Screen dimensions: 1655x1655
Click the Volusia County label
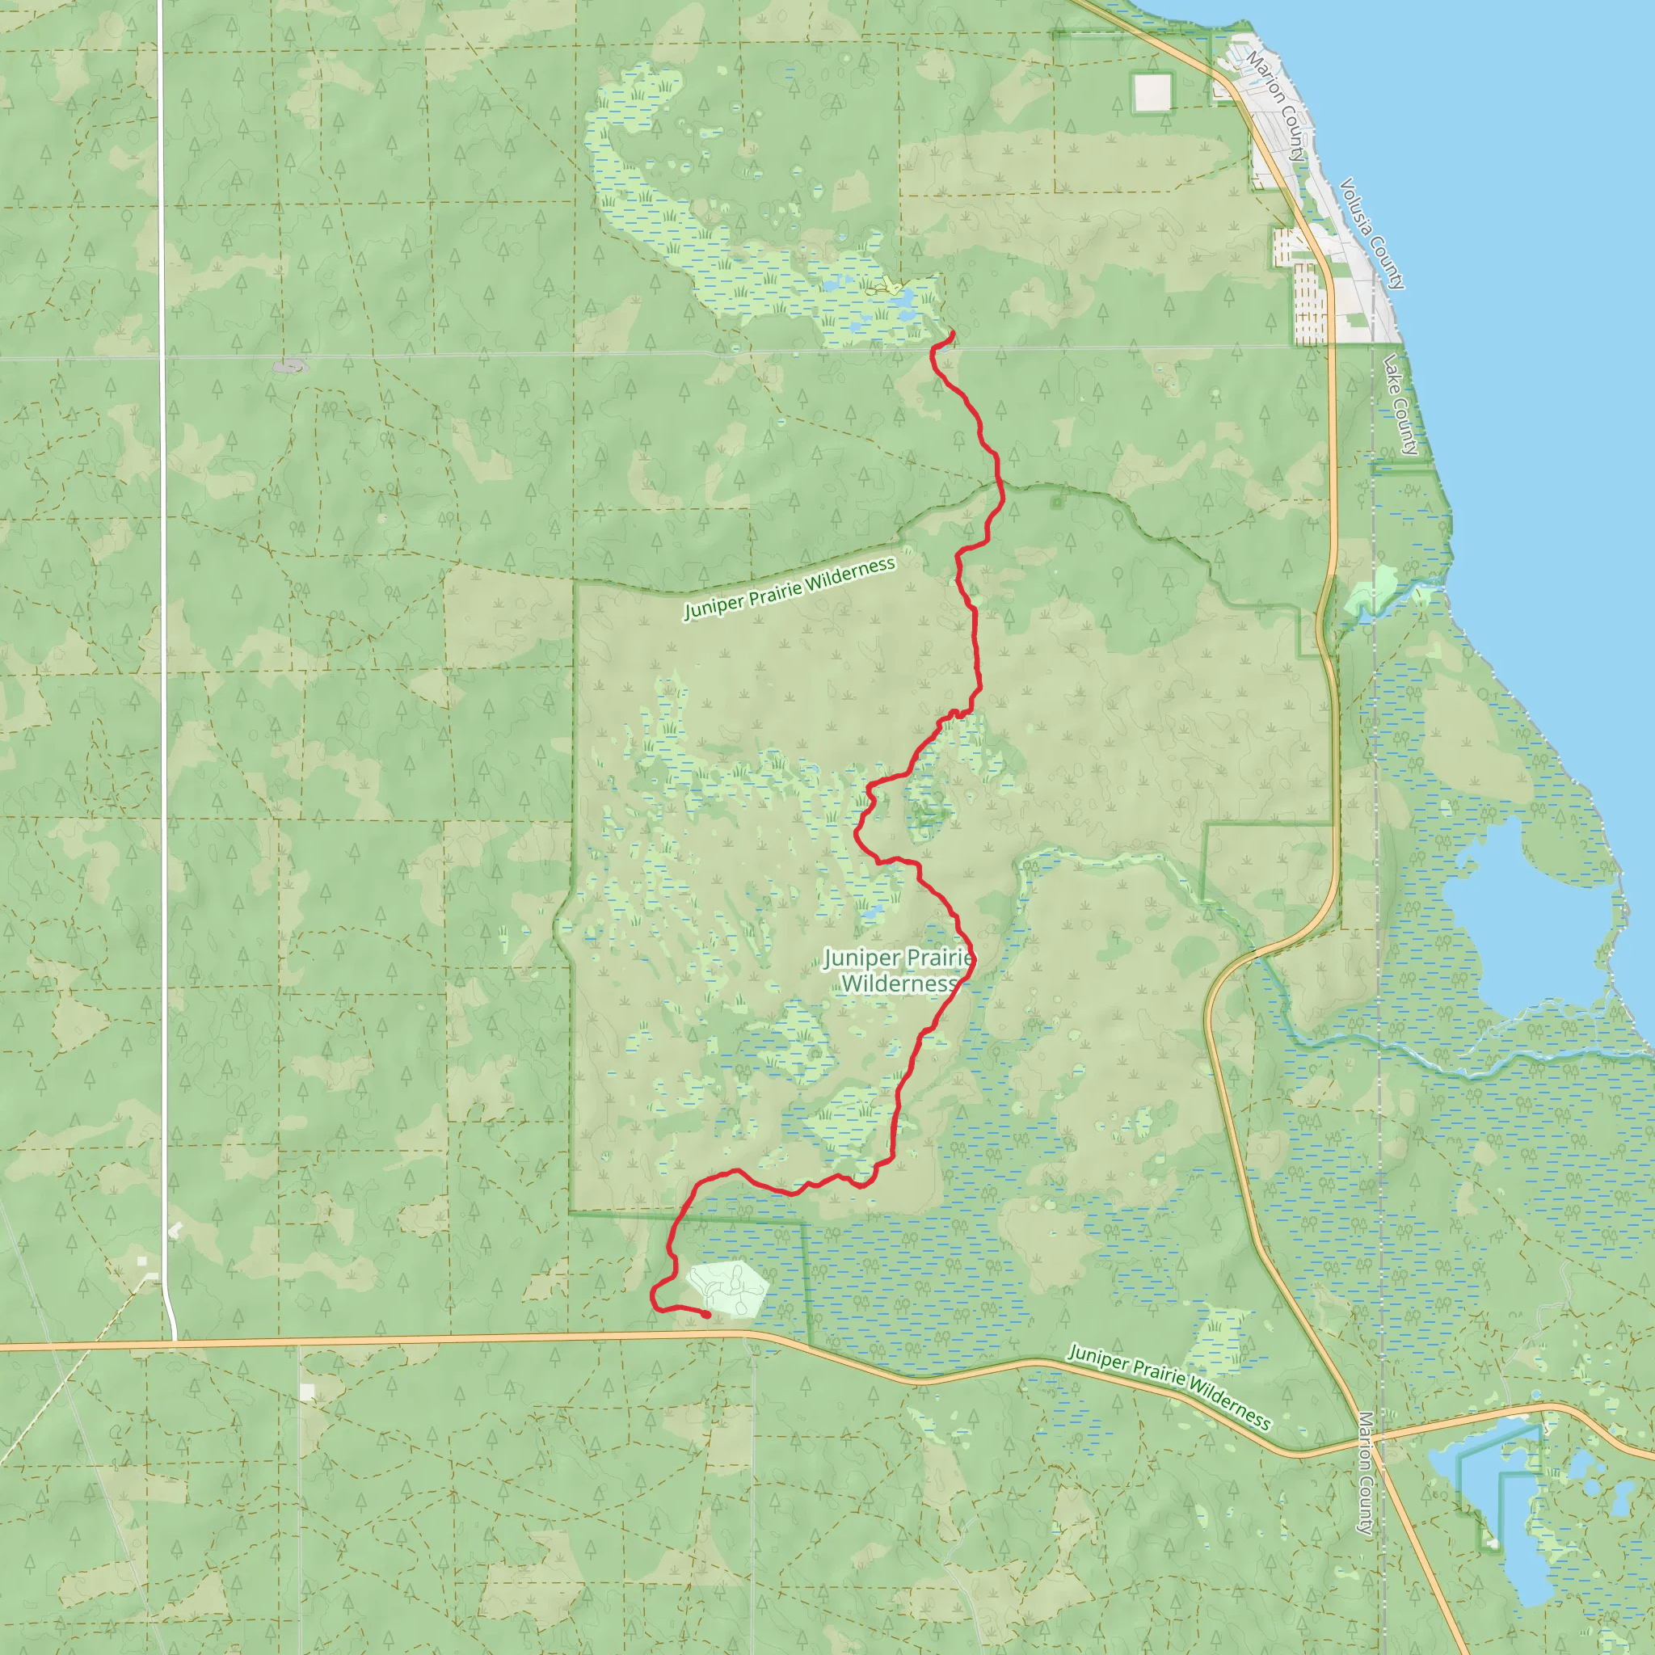click(x=1371, y=233)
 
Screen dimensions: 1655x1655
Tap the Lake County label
click(x=1400, y=403)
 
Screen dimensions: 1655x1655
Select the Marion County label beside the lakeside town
click(x=1275, y=106)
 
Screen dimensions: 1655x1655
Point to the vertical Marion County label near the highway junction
click(x=1366, y=1472)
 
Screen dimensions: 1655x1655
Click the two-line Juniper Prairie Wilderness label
click(x=899, y=971)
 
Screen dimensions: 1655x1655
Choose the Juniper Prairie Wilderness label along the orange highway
click(x=1169, y=1386)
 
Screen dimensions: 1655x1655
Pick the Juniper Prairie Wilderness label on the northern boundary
click(x=789, y=588)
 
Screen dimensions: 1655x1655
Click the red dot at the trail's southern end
click(x=705, y=1314)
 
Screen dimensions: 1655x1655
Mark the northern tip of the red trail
click(x=953, y=332)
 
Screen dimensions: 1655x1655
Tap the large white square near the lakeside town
click(x=1152, y=92)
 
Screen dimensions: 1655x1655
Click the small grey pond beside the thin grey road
click(x=290, y=367)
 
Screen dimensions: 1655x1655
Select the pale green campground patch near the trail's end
click(x=727, y=1287)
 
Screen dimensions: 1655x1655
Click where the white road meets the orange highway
click(x=173, y=1341)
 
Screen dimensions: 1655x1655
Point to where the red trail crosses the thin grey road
click(x=933, y=348)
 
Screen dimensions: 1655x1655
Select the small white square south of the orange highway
click(x=306, y=1392)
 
